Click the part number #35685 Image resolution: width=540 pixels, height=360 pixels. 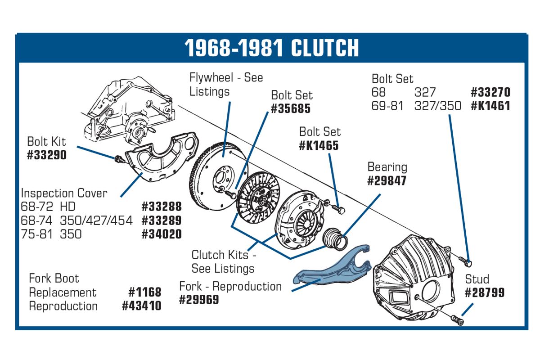coord(291,108)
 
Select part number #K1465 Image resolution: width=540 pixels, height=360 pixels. coord(319,145)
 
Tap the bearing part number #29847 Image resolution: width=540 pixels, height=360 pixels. coord(387,180)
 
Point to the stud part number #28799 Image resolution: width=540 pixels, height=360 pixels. coord(485,292)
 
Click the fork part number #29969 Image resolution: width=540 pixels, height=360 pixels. coord(199,300)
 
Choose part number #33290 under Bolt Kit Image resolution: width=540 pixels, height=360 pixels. coord(46,155)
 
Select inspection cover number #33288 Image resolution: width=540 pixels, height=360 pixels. coord(162,207)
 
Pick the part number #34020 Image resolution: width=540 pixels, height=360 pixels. coord(162,234)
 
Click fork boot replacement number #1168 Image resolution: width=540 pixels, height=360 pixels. coord(145,292)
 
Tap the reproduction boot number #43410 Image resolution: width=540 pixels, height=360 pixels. coord(141,306)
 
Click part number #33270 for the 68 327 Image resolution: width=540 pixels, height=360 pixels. coord(490,92)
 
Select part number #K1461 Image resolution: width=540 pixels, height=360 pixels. coord(490,106)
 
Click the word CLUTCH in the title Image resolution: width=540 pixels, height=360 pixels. coord(325,48)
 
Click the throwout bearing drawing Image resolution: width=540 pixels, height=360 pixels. coord(335,238)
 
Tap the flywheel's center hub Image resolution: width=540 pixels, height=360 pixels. coord(223,179)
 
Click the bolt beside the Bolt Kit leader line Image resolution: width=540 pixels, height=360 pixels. coord(120,159)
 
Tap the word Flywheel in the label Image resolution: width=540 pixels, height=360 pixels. coord(211,78)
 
